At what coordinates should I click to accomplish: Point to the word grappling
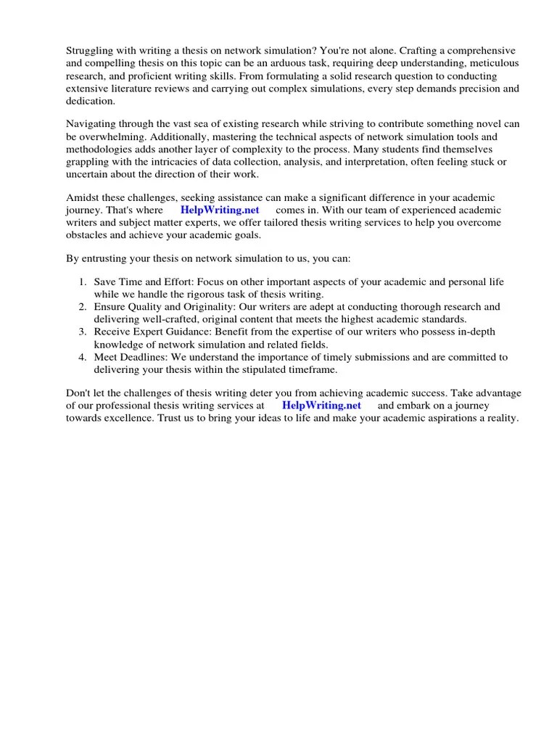pos(89,163)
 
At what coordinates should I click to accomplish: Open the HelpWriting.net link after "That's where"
pos(219,210)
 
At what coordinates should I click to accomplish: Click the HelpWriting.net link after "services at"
pos(321,406)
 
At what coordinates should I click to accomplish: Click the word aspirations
pos(449,419)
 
